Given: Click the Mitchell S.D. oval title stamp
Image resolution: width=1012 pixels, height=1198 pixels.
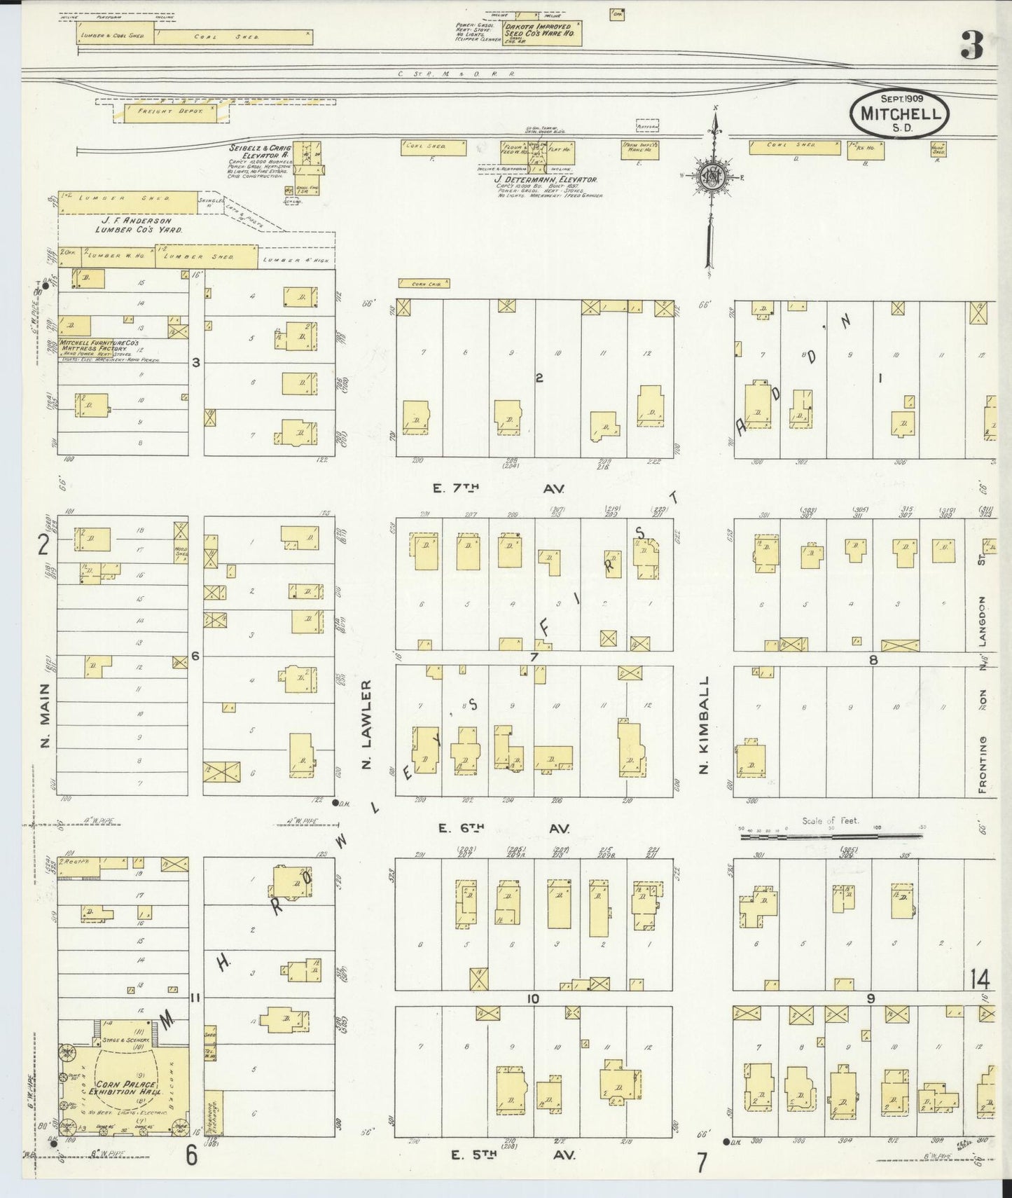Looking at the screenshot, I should [899, 112].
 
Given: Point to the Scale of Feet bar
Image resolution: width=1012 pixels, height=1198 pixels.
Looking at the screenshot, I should [831, 834].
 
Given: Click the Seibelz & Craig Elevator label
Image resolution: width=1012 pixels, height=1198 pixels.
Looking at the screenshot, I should [259, 152].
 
